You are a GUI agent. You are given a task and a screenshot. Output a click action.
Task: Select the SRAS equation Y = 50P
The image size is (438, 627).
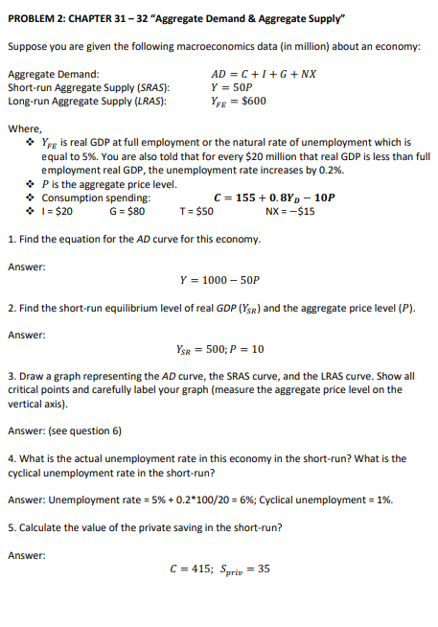pyautogui.click(x=235, y=86)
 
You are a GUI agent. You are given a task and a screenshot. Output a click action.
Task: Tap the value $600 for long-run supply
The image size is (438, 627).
pyautogui.click(x=253, y=100)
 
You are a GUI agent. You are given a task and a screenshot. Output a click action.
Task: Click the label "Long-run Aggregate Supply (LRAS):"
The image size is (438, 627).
pyautogui.click(x=86, y=100)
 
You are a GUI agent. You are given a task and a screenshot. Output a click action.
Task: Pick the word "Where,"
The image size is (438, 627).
pyautogui.click(x=24, y=128)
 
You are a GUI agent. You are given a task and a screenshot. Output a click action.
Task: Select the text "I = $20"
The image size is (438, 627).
pyautogui.click(x=55, y=211)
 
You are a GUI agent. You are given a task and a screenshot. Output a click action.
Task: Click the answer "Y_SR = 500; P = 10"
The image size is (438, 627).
pyautogui.click(x=219, y=350)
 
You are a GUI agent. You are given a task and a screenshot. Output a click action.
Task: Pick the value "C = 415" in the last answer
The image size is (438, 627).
pyautogui.click(x=186, y=569)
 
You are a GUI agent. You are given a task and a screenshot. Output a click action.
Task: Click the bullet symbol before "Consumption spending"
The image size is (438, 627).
pyautogui.click(x=32, y=197)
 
